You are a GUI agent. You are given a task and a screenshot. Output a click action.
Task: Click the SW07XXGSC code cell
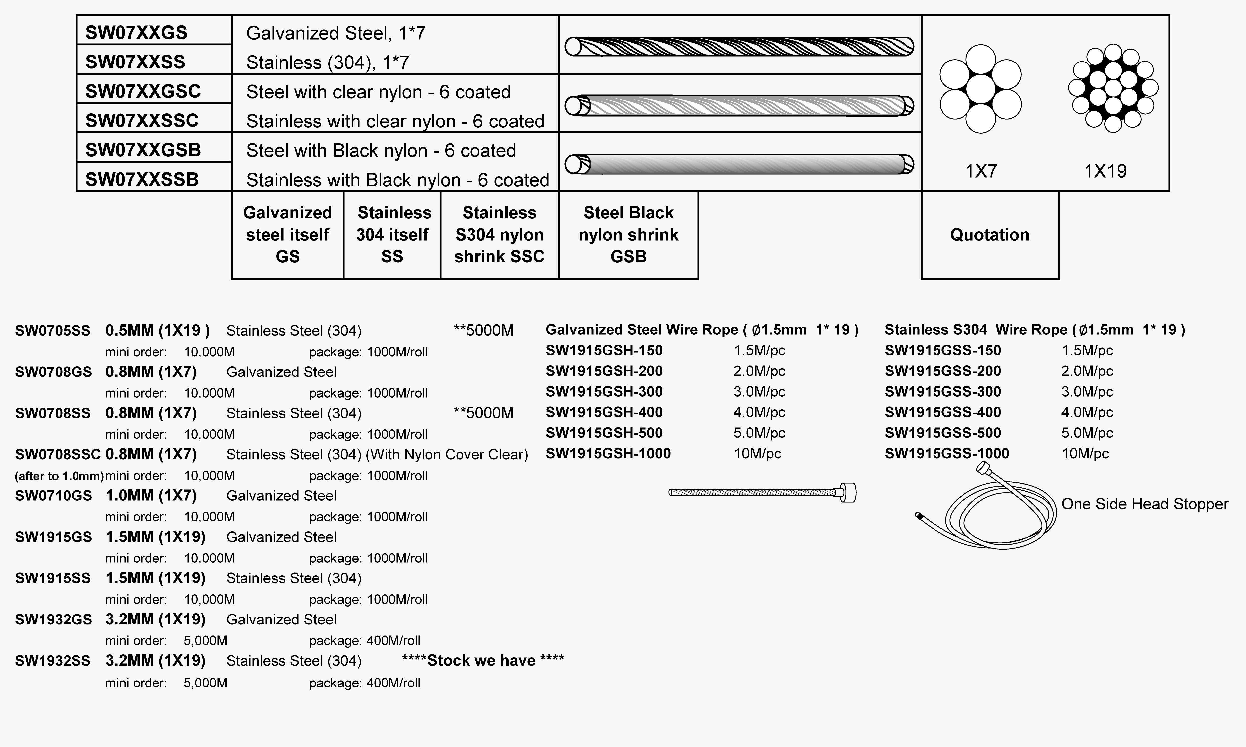[x=143, y=91]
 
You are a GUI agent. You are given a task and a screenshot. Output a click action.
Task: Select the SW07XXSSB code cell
[x=142, y=179]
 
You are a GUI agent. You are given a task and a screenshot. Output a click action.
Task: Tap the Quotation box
[x=990, y=235]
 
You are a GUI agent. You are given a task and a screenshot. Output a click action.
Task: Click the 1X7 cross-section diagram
[x=980, y=89]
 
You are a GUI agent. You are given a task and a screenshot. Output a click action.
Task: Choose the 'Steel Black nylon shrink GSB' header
[x=628, y=235]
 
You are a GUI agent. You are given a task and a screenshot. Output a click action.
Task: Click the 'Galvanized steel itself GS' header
[x=288, y=235]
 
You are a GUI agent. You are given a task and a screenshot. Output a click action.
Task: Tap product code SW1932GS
[x=53, y=620]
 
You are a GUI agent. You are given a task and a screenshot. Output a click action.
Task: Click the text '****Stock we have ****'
[x=483, y=660]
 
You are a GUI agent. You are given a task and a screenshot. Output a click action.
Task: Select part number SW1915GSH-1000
[x=608, y=453]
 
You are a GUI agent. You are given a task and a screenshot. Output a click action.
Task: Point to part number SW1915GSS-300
[x=943, y=392]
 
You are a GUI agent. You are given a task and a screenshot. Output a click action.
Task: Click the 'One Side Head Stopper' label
[x=1144, y=504]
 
